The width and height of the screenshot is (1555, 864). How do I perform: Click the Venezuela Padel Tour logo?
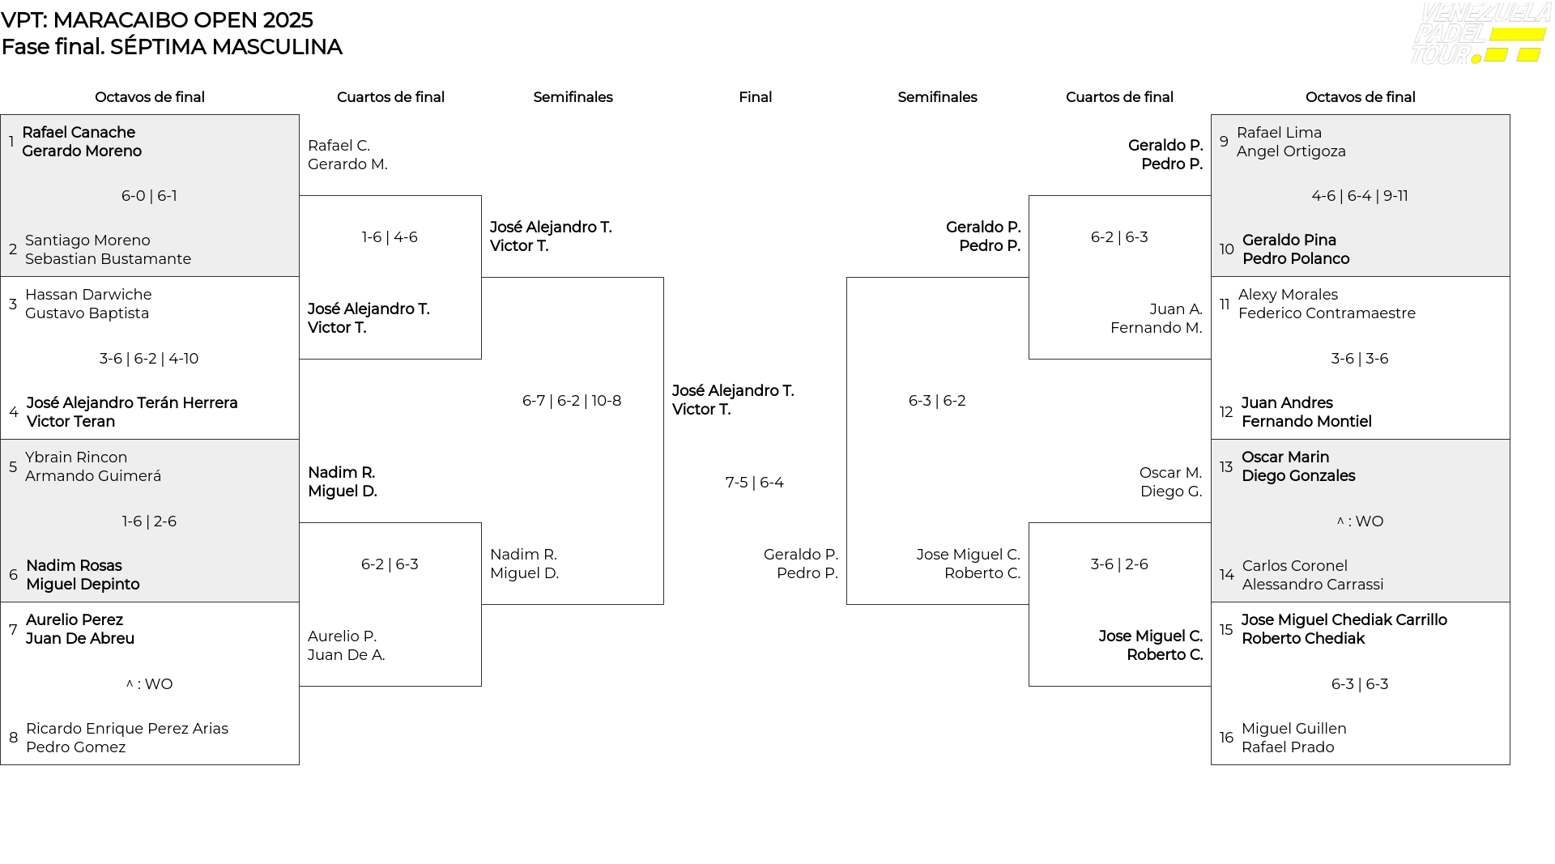pyautogui.click(x=1480, y=33)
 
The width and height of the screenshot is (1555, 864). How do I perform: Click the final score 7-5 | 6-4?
pyautogui.click(x=755, y=483)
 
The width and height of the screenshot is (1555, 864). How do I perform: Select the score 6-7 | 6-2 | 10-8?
pyautogui.click(x=572, y=401)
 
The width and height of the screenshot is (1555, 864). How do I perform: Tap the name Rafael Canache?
pyautogui.click(x=79, y=133)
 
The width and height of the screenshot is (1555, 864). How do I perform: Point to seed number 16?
pyautogui.click(x=1227, y=738)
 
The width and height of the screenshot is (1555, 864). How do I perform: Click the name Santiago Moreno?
pyautogui.click(x=87, y=240)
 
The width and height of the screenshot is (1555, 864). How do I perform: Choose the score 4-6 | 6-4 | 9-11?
pyautogui.click(x=1360, y=196)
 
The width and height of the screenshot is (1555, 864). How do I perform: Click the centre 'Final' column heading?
pyautogui.click(x=755, y=97)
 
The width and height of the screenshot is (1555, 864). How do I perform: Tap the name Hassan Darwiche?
pyautogui.click(x=88, y=295)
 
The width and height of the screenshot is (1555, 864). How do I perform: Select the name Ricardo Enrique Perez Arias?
pyautogui.click(x=127, y=729)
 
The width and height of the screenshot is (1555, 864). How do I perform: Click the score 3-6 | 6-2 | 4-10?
pyautogui.click(x=149, y=359)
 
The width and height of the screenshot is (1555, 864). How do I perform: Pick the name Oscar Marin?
pyautogui.click(x=1285, y=458)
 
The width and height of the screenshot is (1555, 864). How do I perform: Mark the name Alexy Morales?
pyautogui.click(x=1288, y=295)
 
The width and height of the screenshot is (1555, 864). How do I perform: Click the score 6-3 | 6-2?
pyautogui.click(x=937, y=401)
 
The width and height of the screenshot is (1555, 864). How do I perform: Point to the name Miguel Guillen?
pyautogui.click(x=1294, y=729)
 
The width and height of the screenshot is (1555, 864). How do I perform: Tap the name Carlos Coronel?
pyautogui.click(x=1295, y=566)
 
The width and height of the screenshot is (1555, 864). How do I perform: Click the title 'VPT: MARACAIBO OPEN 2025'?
pyautogui.click(x=157, y=20)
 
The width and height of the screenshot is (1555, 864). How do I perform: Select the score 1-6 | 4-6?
pyautogui.click(x=390, y=237)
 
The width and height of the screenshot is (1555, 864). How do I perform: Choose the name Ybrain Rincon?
pyautogui.click(x=76, y=458)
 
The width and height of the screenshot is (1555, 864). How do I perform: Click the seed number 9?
pyautogui.click(x=1224, y=142)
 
